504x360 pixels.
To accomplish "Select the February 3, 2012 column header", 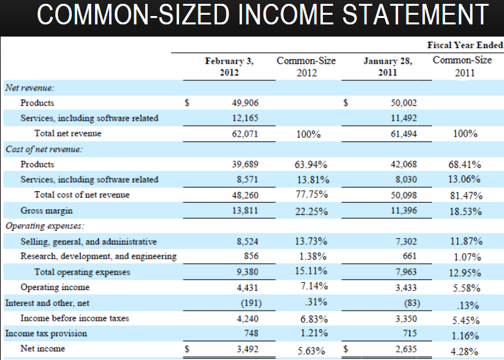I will [x=229, y=67].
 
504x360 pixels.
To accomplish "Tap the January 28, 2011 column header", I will [x=387, y=67].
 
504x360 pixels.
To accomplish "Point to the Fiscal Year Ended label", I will [x=465, y=46].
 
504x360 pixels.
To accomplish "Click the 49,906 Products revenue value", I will [x=245, y=103].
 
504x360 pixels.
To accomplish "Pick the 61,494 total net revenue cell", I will [x=403, y=133].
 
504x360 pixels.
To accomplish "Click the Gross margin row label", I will [x=46, y=210].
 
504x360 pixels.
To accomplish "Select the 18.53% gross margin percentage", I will [x=466, y=211].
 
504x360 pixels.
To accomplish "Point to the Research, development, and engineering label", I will [x=98, y=257].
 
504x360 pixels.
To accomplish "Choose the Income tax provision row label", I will [x=46, y=333].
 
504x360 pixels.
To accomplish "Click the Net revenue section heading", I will [x=30, y=87].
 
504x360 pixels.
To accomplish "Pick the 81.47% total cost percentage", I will [x=466, y=196].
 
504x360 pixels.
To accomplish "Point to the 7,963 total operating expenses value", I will [x=404, y=272].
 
